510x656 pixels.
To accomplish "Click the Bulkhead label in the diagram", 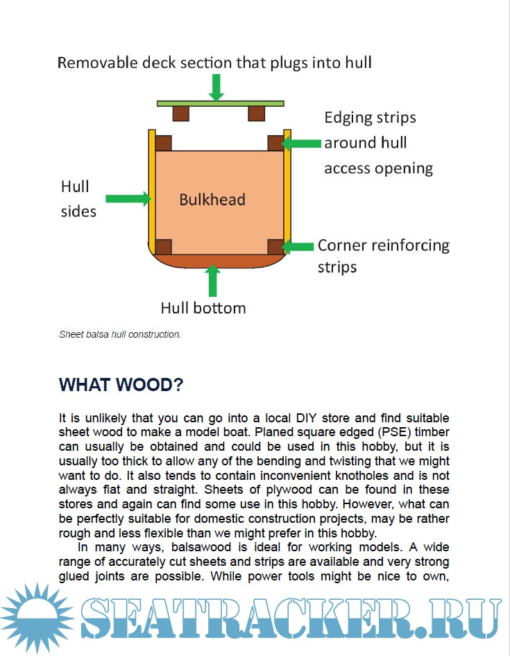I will pyautogui.click(x=212, y=200).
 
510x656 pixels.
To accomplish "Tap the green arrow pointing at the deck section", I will pyautogui.click(x=217, y=87).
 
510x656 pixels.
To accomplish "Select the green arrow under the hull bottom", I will pyautogui.click(x=213, y=281).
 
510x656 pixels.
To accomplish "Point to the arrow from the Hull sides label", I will pyautogui.click(x=129, y=198).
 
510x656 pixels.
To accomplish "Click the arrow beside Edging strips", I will pyautogui.click(x=303, y=143).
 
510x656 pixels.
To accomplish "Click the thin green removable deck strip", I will pyautogui.click(x=220, y=103).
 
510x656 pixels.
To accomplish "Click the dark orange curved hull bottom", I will pyautogui.click(x=219, y=261).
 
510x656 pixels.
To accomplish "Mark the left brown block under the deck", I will pyautogui.click(x=181, y=112).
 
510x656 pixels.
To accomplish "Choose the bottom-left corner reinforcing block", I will pyautogui.click(x=164, y=247).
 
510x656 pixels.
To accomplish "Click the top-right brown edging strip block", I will pyautogui.click(x=275, y=143).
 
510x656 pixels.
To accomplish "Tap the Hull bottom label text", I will pyautogui.click(x=203, y=307).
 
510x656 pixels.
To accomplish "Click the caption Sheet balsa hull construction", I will pyautogui.click(x=120, y=334).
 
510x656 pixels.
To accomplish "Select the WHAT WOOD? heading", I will pyautogui.click(x=121, y=385).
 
